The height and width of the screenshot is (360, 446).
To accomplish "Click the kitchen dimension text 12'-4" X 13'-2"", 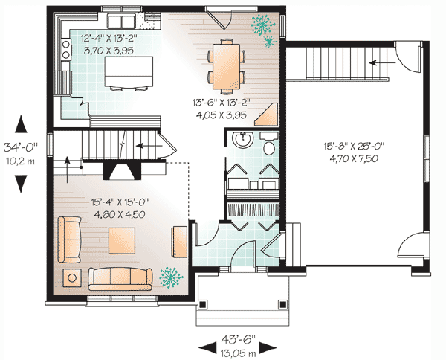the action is (109, 38).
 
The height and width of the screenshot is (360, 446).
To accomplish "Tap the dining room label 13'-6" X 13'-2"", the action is (221, 103).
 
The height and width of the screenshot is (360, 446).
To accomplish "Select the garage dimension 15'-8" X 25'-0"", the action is (354, 147).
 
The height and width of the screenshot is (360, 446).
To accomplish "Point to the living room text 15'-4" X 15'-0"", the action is (120, 202).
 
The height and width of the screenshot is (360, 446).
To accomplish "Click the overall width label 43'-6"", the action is (239, 339).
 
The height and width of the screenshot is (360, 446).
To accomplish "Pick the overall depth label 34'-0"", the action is (21, 148).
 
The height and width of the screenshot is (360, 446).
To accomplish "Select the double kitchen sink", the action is (121, 21).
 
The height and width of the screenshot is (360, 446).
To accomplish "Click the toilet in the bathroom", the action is (269, 145).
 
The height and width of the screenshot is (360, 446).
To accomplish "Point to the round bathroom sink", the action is (242, 140).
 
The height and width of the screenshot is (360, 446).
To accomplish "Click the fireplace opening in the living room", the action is (123, 171).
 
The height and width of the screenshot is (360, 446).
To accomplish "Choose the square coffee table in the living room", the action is (122, 241).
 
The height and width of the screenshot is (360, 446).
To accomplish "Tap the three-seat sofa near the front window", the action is (120, 279).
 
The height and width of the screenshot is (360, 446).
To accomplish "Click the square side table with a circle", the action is (72, 277).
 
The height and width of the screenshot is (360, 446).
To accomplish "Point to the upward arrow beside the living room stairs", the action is (67, 169).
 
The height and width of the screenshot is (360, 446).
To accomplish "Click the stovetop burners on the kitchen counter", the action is (66, 49).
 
